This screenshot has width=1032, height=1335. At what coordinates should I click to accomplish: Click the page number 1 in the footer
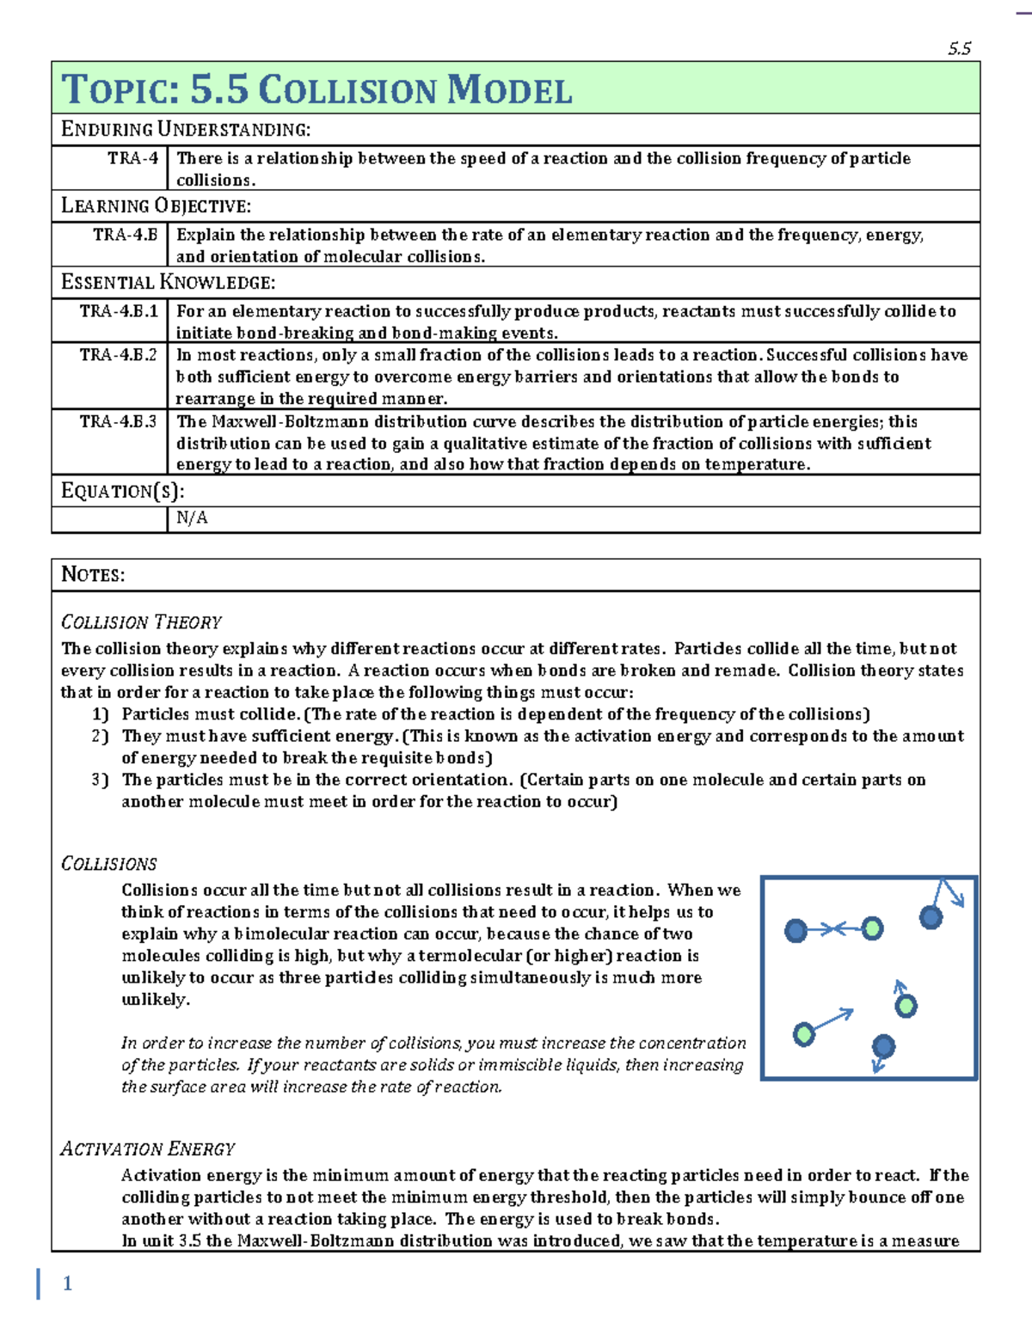tap(67, 1283)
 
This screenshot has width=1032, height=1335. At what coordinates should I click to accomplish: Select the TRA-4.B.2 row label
tap(118, 355)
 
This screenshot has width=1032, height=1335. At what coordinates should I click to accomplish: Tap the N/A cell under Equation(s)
tap(192, 517)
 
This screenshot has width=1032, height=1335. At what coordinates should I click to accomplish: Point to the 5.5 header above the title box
tap(959, 49)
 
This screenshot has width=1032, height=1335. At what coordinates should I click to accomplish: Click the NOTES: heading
tap(93, 574)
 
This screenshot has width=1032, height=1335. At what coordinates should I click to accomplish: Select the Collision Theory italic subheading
tap(141, 622)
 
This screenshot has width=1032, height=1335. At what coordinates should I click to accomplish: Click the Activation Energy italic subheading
tap(147, 1148)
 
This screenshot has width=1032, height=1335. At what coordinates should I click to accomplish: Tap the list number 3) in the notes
tap(100, 780)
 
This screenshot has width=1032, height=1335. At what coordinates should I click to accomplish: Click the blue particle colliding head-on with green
tap(796, 930)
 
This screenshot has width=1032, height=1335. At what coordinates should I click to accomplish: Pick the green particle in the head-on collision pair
tap(872, 928)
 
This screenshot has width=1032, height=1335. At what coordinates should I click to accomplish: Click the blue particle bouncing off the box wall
tap(931, 917)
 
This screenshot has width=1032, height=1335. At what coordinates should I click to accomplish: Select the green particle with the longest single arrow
tap(804, 1033)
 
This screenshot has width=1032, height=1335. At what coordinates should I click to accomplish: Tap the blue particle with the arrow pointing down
tap(883, 1046)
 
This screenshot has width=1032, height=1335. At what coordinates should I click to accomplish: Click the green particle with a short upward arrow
tap(906, 1006)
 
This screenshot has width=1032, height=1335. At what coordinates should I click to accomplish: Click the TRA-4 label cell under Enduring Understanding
tap(132, 158)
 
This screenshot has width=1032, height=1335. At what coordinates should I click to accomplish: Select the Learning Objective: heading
tap(156, 206)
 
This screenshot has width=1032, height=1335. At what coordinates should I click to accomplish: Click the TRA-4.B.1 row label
tap(118, 311)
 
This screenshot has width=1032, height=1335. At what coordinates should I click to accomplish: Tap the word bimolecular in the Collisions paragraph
tap(281, 934)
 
